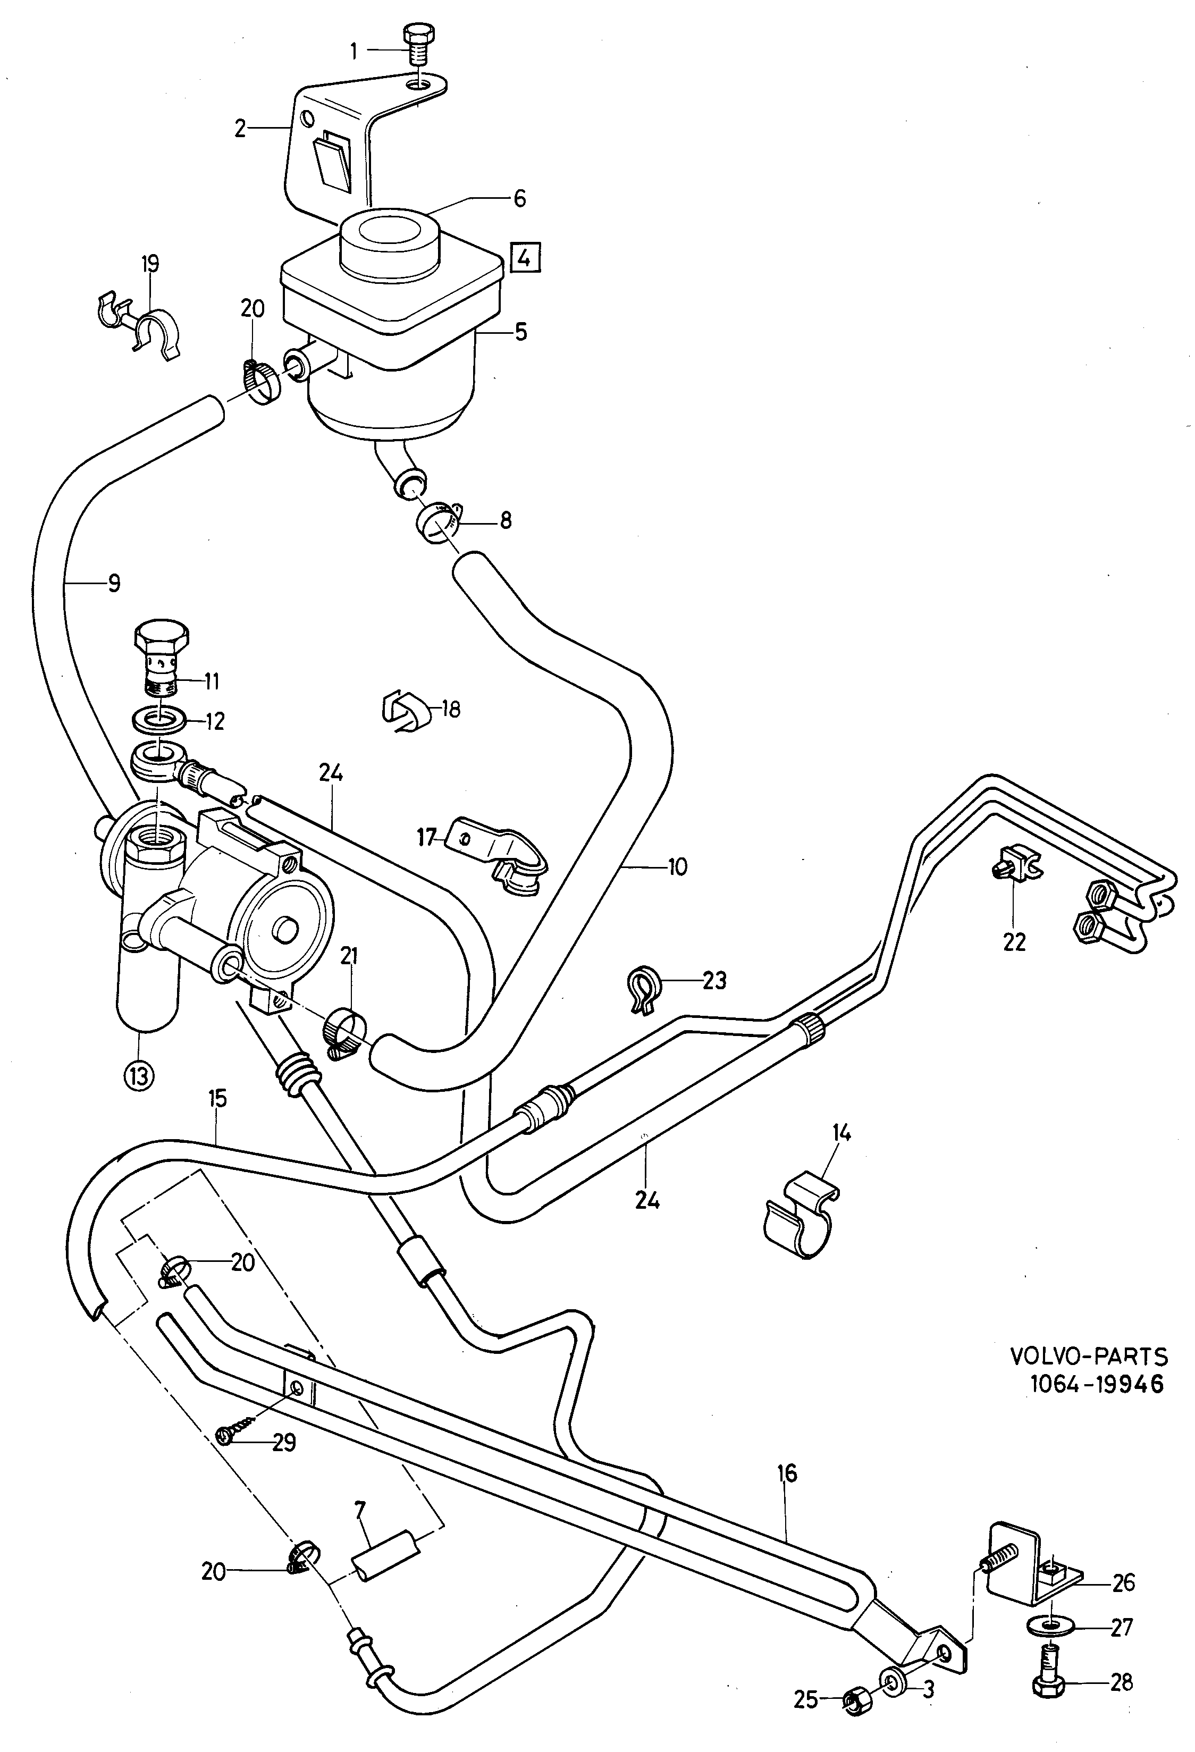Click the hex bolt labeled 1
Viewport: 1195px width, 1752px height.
pos(417,47)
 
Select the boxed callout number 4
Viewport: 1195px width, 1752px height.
pos(526,258)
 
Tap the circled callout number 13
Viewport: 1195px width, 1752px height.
pos(139,1074)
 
